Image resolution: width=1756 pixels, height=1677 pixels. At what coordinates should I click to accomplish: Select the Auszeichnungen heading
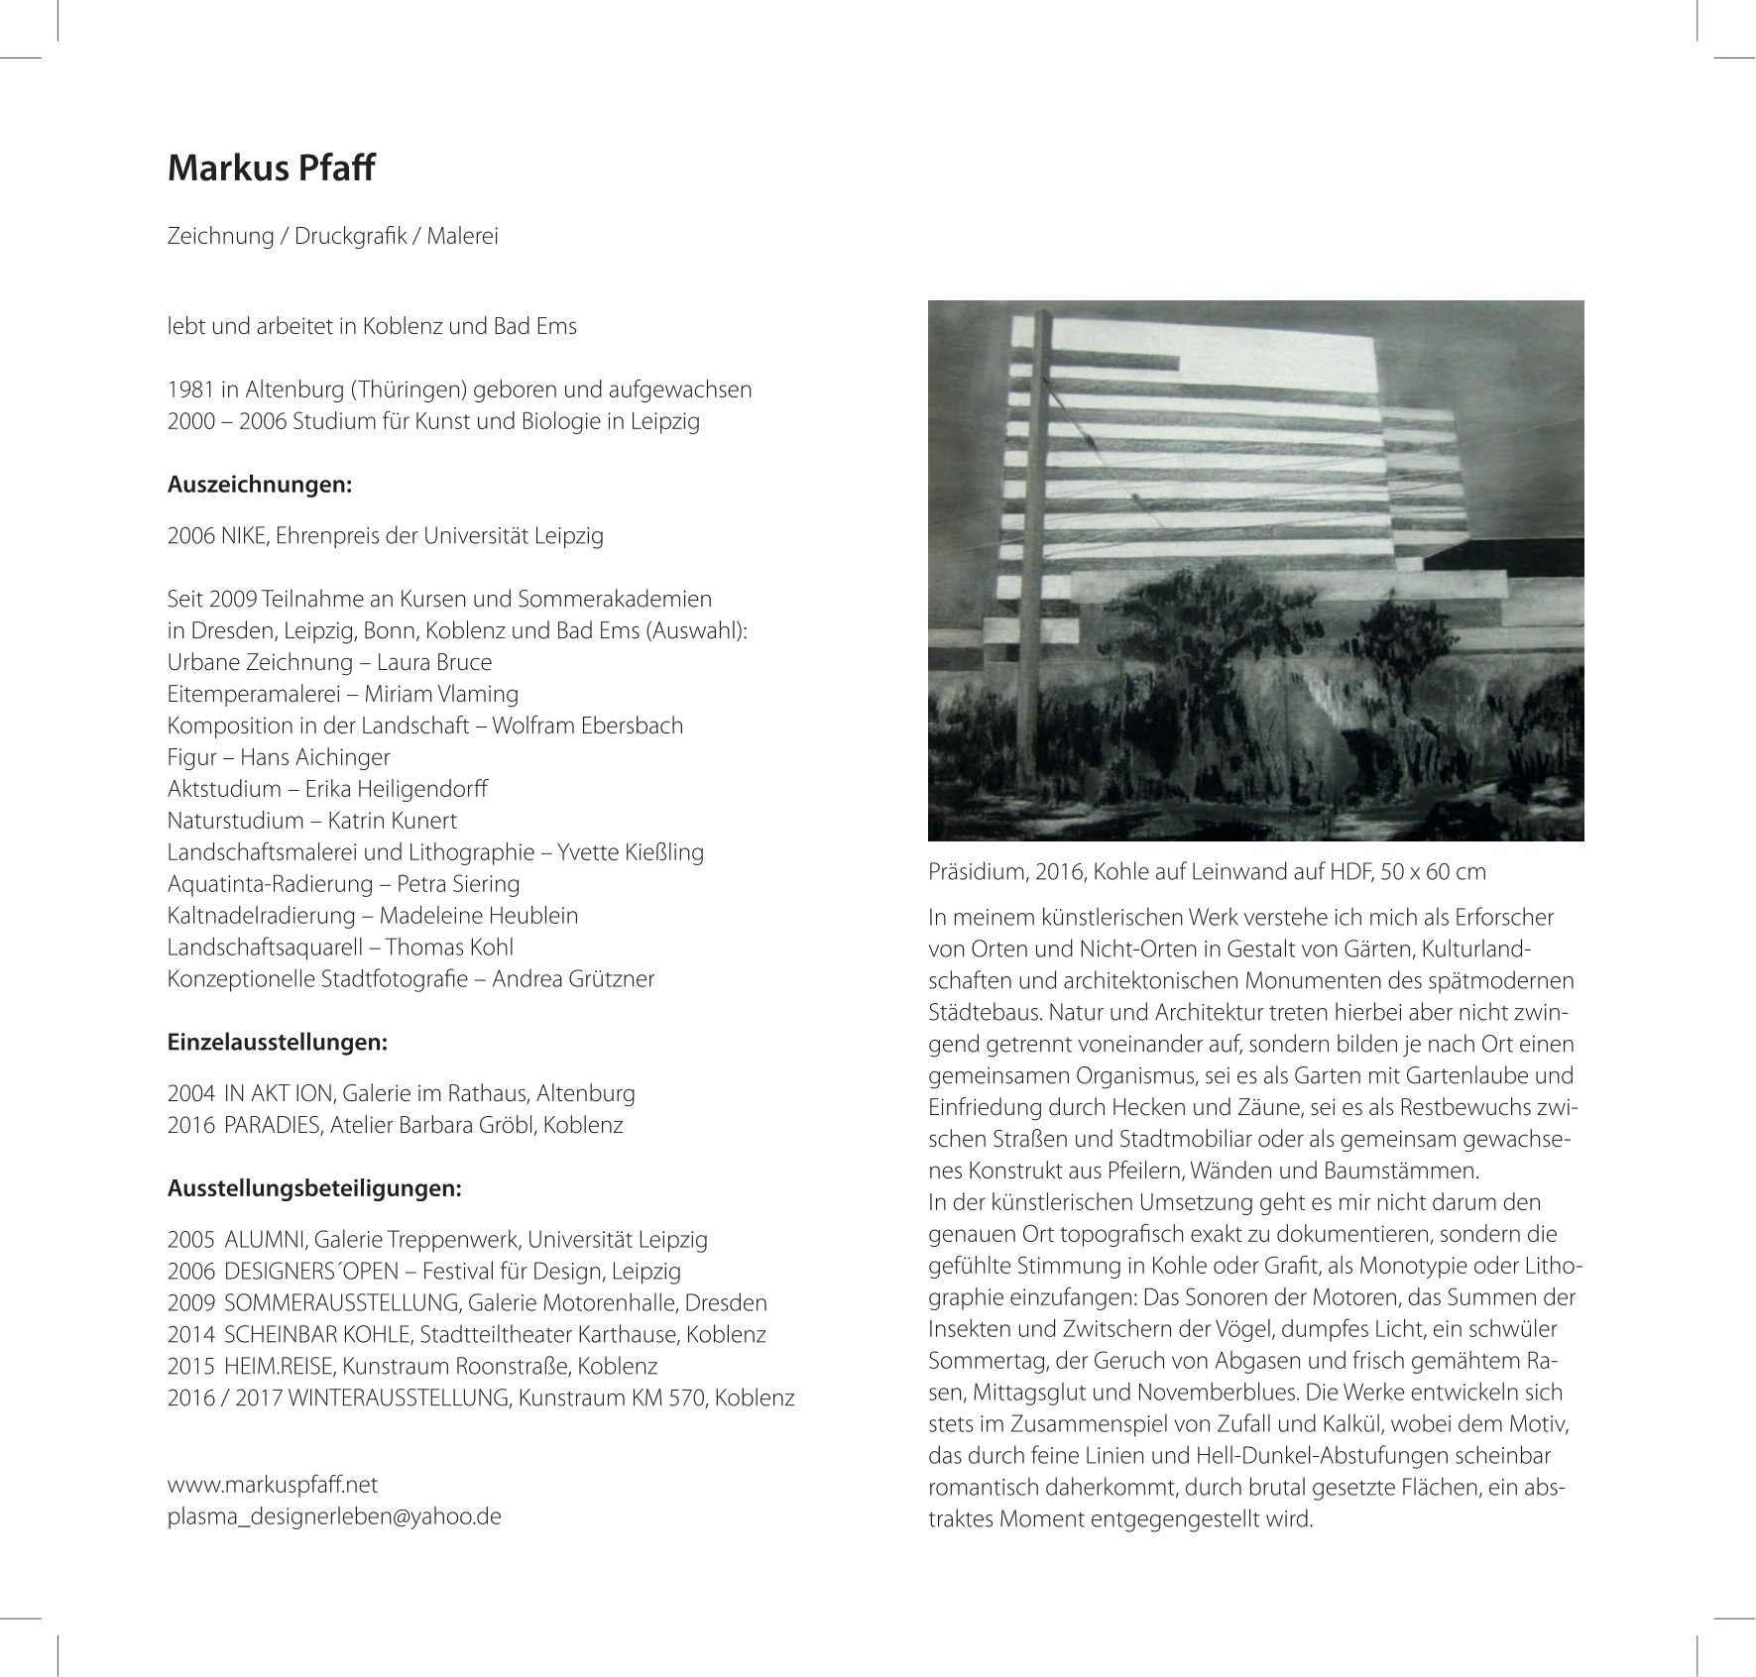tap(260, 485)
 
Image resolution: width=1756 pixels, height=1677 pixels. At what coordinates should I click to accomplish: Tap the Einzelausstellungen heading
tap(277, 1043)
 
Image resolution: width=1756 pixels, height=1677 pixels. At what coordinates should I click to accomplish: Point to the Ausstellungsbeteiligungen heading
tap(314, 1187)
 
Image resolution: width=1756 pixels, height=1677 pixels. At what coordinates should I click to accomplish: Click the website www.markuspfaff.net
tap(273, 1484)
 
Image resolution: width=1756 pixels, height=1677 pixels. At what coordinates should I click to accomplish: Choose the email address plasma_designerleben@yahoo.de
tap(334, 1515)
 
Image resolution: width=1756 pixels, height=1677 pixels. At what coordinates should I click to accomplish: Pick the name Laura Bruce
tap(434, 662)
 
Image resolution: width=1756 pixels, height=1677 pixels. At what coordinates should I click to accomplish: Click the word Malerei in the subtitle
tap(462, 236)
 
